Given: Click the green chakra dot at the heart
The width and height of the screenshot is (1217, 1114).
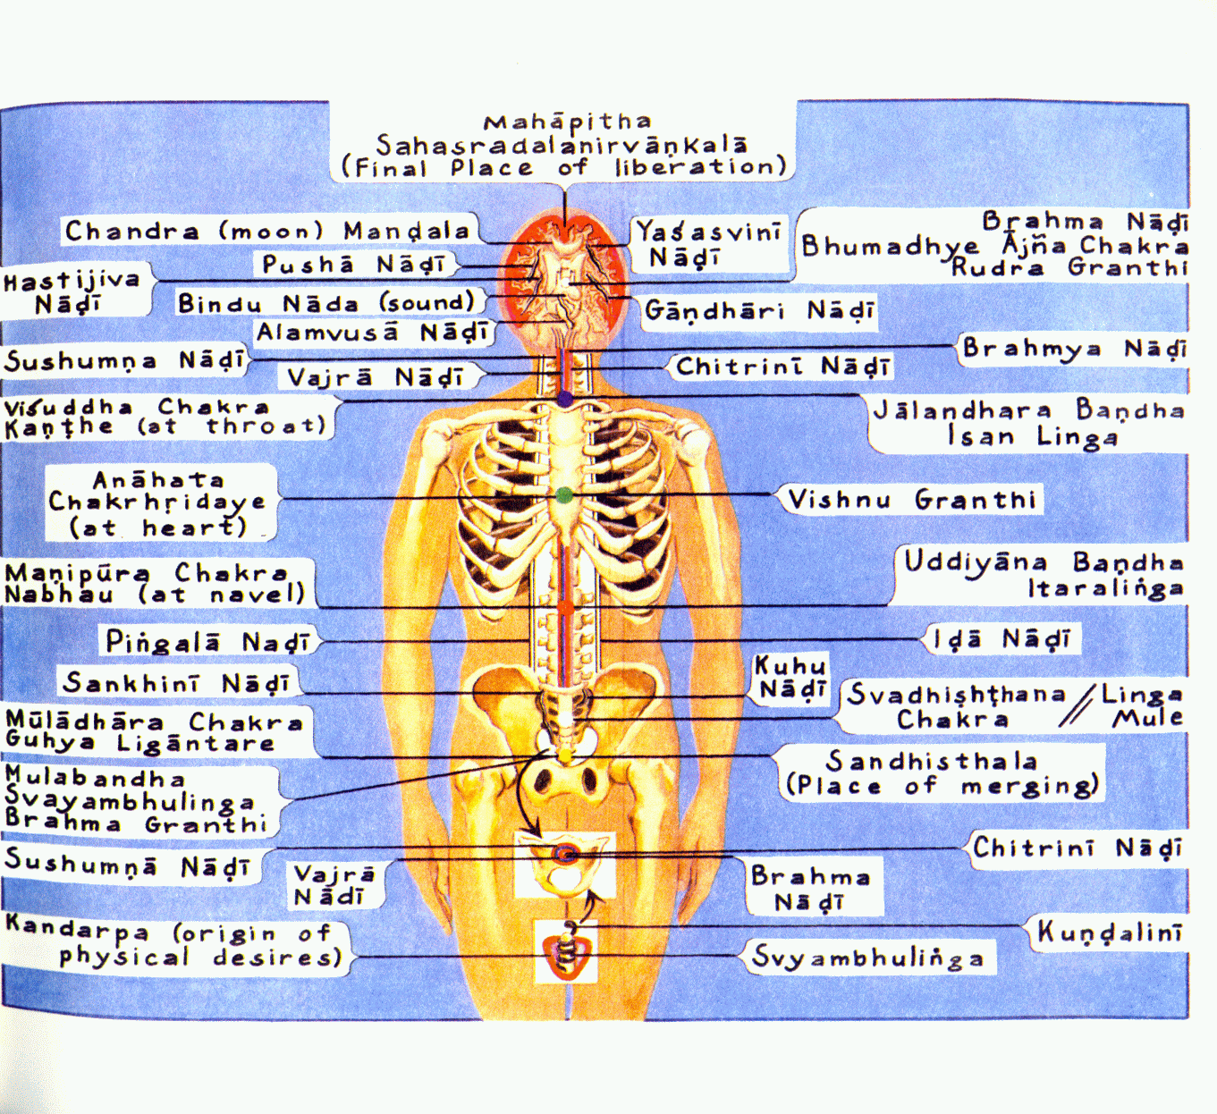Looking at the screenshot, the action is [x=564, y=495].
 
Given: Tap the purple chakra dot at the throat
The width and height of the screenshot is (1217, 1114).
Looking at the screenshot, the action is [x=565, y=399].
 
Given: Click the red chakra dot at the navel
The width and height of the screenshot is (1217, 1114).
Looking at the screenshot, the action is [x=565, y=607].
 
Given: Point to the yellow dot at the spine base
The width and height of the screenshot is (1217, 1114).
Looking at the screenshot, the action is [x=565, y=756].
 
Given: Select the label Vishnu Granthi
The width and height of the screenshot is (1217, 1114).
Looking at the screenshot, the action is [x=912, y=500].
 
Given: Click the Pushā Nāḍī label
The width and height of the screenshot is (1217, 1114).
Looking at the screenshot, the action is [x=354, y=265].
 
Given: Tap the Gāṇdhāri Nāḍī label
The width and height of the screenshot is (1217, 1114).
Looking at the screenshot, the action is [x=759, y=310].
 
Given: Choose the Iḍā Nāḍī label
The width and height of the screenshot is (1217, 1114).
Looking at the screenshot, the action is [x=1001, y=639].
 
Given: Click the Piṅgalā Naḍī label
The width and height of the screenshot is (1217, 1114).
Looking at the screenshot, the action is [x=207, y=641].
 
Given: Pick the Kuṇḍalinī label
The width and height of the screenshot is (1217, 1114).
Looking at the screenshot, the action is [x=1110, y=932].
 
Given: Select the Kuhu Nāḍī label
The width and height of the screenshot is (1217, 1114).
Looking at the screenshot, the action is [x=790, y=678].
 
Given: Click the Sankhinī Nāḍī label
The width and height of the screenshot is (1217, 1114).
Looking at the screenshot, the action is [x=176, y=683].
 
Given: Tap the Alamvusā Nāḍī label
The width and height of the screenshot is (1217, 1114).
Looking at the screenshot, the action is [x=372, y=333].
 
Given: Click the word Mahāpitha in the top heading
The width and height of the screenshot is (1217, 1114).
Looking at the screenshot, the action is [x=567, y=122].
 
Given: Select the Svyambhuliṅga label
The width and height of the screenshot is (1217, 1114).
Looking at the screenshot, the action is [x=867, y=957].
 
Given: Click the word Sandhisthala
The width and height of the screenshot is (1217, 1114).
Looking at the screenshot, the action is [x=931, y=760].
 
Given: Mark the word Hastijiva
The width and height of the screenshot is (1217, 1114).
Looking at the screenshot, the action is [x=72, y=281].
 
